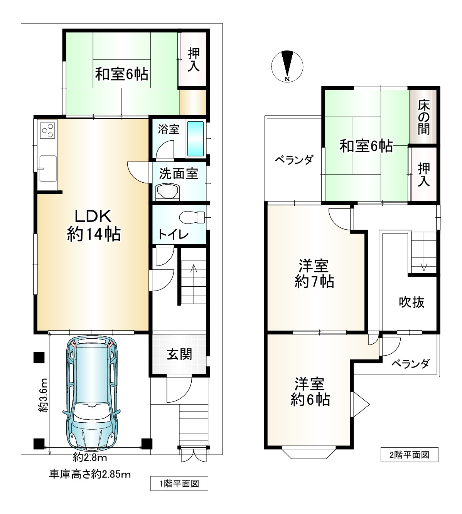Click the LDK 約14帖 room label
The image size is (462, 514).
[x=94, y=225]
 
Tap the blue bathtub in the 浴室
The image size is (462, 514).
[x=195, y=139]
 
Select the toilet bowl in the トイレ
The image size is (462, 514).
[x=192, y=217]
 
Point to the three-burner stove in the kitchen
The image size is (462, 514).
[x=47, y=129]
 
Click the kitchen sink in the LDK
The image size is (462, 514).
[x=48, y=168]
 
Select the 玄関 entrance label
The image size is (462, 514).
[x=179, y=354]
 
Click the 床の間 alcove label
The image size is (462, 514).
[x=424, y=118]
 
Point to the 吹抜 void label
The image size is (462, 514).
[x=411, y=302]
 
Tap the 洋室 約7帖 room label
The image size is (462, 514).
[x=314, y=274]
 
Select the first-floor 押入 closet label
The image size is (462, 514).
[x=194, y=60]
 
